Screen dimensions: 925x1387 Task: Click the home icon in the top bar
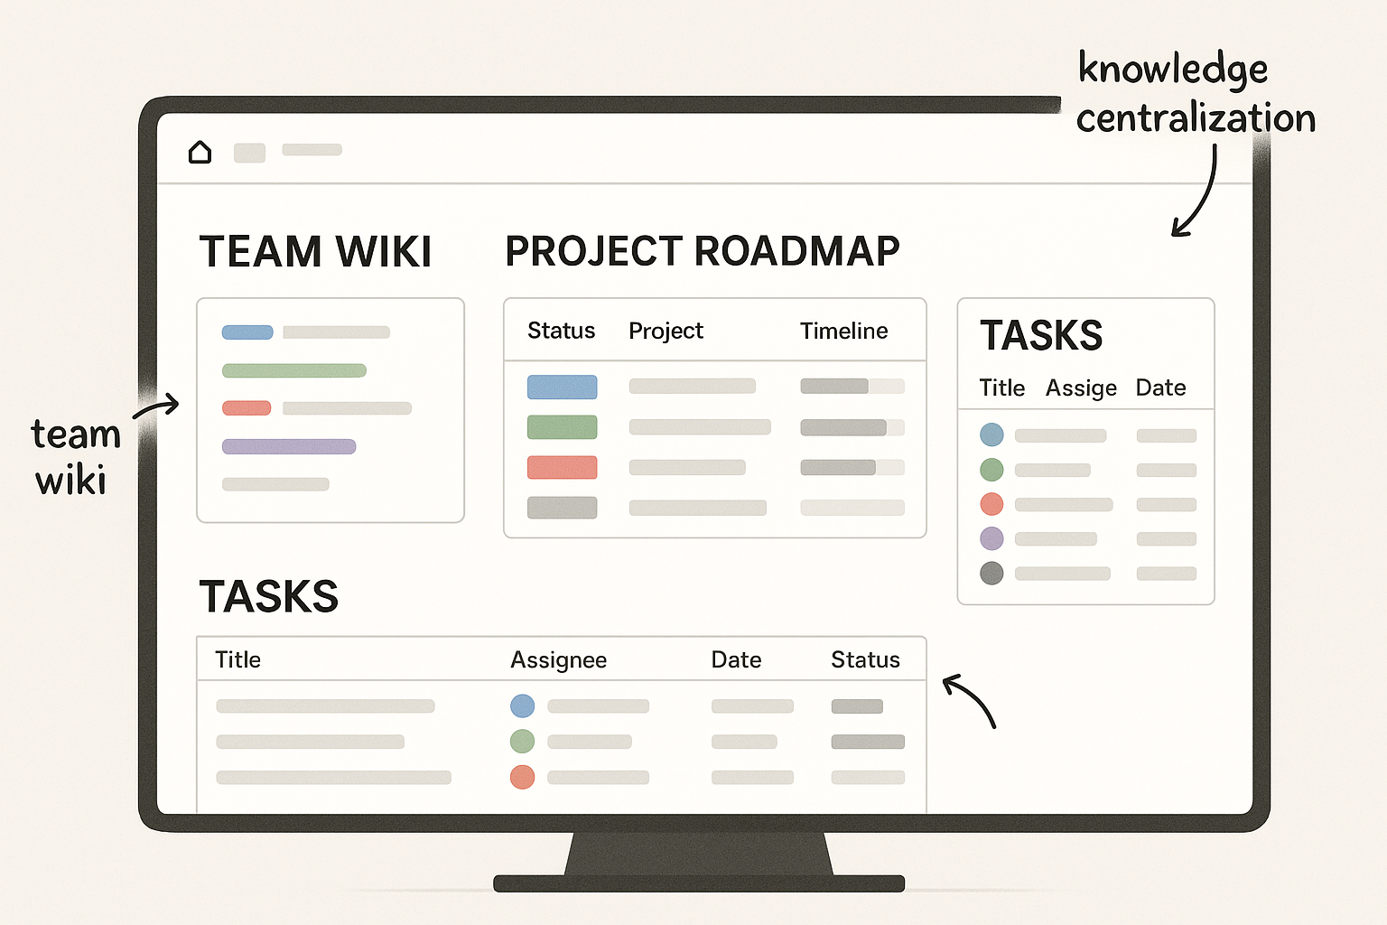(x=200, y=152)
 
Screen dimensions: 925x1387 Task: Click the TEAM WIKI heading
(x=315, y=252)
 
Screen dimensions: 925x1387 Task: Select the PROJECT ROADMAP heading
(x=702, y=252)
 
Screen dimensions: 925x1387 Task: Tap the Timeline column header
(x=843, y=332)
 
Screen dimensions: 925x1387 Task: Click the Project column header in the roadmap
(x=666, y=332)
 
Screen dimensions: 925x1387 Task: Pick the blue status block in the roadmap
(x=562, y=387)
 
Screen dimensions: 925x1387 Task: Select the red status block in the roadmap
(x=562, y=467)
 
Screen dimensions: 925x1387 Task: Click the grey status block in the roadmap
(x=562, y=507)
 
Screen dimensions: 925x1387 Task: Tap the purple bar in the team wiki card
(x=289, y=446)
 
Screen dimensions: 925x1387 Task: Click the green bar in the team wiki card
(x=294, y=370)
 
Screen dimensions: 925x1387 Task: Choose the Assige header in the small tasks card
(x=1081, y=388)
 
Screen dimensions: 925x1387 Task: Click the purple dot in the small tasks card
(x=991, y=538)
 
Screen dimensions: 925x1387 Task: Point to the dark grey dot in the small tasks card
(x=991, y=573)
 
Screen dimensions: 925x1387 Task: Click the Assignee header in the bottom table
(x=558, y=660)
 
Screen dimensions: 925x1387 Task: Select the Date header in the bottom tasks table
(x=736, y=660)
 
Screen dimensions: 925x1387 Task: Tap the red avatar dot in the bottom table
(x=522, y=777)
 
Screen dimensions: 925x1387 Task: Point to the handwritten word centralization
(x=1196, y=118)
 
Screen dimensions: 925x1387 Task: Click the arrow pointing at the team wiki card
(x=157, y=407)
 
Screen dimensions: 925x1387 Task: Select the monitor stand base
(x=699, y=883)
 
